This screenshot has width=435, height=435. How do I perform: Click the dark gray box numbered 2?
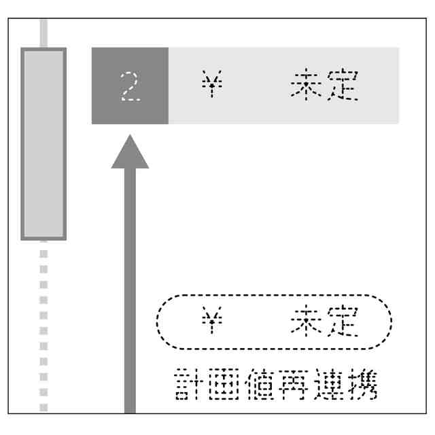click(x=130, y=86)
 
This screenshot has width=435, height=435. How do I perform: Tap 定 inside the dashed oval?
click(x=342, y=322)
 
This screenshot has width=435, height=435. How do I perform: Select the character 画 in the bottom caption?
click(x=225, y=385)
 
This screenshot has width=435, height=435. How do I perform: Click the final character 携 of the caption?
click(x=365, y=385)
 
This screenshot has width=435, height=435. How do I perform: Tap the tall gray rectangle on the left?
click(x=43, y=143)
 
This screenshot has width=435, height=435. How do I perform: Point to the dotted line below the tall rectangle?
click(x=43, y=326)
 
